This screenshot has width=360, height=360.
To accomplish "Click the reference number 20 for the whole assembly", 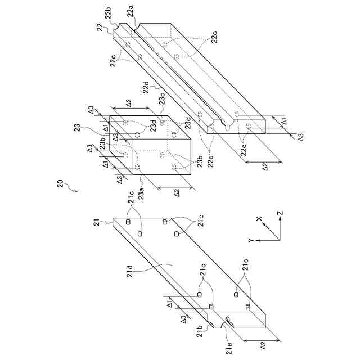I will [x=60, y=183].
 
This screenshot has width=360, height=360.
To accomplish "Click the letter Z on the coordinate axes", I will [x=280, y=213].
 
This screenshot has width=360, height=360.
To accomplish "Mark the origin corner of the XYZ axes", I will [x=280, y=239].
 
